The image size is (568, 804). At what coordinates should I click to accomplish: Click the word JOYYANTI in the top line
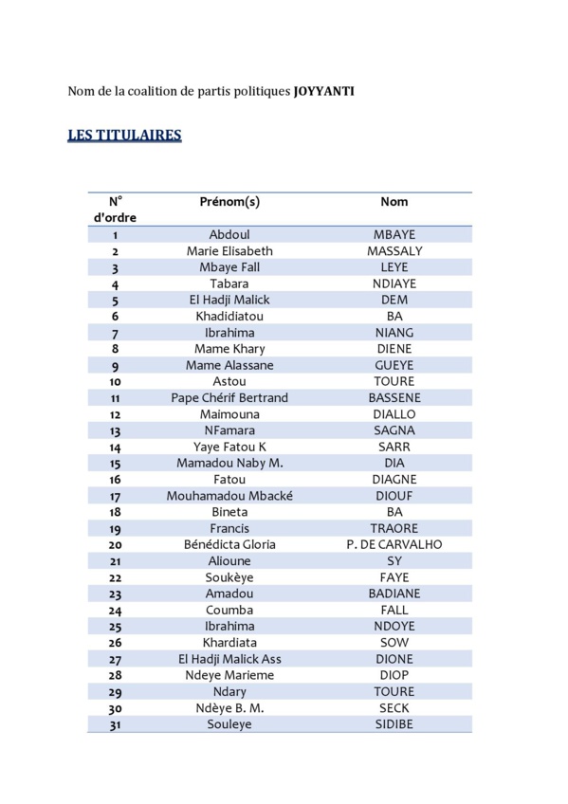[x=323, y=92]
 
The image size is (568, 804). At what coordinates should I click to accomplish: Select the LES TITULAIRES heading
[x=124, y=136]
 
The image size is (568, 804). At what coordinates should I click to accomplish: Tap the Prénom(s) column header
[x=229, y=202]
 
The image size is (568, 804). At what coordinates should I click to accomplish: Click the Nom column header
[x=394, y=202]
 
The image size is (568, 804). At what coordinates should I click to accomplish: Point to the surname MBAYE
[x=394, y=234]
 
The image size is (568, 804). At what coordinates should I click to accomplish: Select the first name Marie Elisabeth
[x=229, y=251]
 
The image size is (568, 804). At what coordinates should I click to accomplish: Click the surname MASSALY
[x=394, y=251]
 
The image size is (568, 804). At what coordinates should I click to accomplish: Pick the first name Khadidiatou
[x=229, y=316]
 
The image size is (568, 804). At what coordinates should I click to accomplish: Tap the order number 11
[x=115, y=398]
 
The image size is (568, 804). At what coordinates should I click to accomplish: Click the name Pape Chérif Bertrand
[x=229, y=397]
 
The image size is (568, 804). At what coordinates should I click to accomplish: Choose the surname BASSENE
[x=394, y=397]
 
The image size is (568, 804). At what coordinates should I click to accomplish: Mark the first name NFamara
[x=229, y=430]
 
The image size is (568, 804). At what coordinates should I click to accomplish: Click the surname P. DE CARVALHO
[x=394, y=544]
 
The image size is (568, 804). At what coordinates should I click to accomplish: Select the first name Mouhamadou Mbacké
[x=229, y=495]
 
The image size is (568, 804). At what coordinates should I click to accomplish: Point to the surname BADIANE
[x=394, y=594]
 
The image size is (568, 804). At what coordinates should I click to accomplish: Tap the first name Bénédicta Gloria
[x=229, y=544]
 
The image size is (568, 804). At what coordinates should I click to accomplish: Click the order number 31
[x=115, y=725]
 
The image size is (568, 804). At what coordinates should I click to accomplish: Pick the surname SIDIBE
[x=394, y=724]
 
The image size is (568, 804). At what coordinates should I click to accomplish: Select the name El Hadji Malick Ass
[x=229, y=659]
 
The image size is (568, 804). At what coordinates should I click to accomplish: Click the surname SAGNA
[x=394, y=430]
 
